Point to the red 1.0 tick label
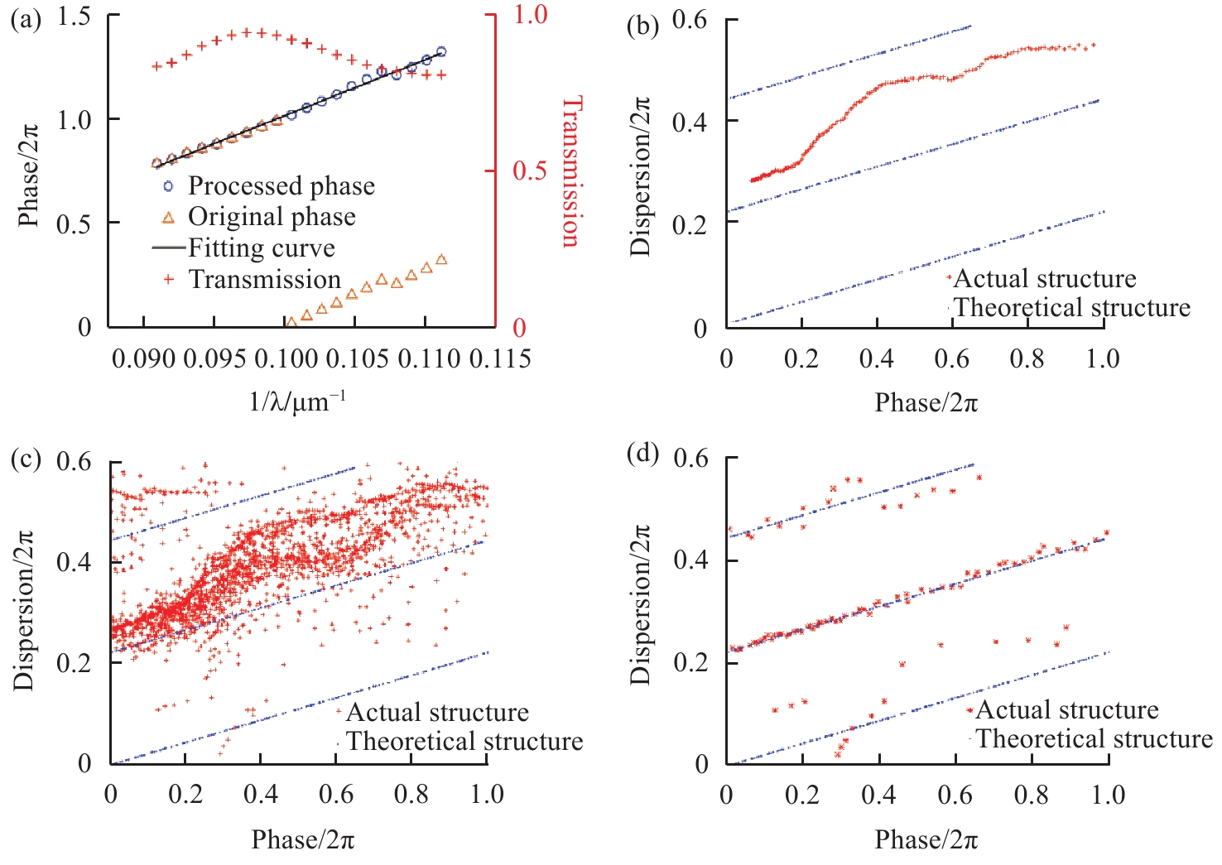pyautogui.click(x=530, y=14)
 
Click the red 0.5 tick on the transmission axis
pyautogui.click(x=530, y=171)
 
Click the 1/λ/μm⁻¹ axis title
pyautogui.click(x=297, y=401)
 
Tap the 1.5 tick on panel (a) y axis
pyautogui.click(x=74, y=17)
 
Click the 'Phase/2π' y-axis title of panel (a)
pyautogui.click(x=29, y=171)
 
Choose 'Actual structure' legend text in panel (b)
pyautogui.click(x=1045, y=279)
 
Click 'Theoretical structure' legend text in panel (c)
pyautogui.click(x=464, y=741)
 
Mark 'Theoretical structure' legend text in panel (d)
pyautogui.click(x=1094, y=738)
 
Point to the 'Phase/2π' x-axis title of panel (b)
pyautogui.click(x=926, y=402)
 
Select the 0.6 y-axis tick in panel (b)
pyautogui.click(x=690, y=20)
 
